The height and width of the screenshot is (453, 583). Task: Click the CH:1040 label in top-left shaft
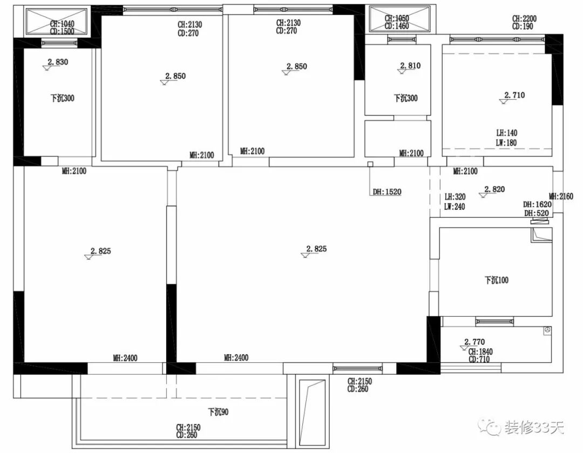point(62,24)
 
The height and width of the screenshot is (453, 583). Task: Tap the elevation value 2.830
point(58,62)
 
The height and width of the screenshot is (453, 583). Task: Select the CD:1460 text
point(397,26)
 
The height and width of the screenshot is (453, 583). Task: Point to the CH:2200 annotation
point(524,18)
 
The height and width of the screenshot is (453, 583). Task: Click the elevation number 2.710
point(514,95)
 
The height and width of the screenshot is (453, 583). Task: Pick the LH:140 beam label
point(507,133)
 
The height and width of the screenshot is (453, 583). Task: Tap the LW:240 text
point(455,207)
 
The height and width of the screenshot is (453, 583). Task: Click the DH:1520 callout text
point(387,192)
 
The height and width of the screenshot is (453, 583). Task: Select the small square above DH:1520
point(370,164)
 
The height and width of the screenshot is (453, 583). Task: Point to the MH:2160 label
point(561,196)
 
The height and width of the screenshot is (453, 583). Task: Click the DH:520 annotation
point(537,213)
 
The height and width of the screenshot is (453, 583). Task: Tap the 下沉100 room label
point(497,280)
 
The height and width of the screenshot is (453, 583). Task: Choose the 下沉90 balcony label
point(218,412)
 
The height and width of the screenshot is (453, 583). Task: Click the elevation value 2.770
point(474,341)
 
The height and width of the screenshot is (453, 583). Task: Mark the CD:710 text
point(479,359)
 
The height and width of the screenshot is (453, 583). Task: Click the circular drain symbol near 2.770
point(547,330)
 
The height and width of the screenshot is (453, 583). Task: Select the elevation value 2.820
point(494,189)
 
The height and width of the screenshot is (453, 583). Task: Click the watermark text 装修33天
point(534,428)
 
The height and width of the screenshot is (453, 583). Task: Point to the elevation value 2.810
point(410,66)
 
